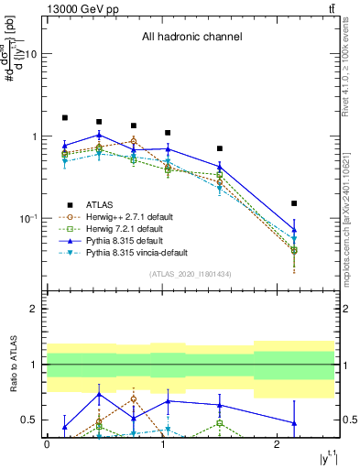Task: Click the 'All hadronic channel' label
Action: click(191, 38)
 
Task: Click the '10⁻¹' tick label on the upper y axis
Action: click(26, 219)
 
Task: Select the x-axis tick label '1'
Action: click(162, 443)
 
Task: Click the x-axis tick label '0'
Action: click(47, 443)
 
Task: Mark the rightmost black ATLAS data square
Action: click(294, 203)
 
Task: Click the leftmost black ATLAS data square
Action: click(64, 118)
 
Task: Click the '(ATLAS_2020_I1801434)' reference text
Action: click(191, 274)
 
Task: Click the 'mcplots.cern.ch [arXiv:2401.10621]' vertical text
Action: click(345, 214)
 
